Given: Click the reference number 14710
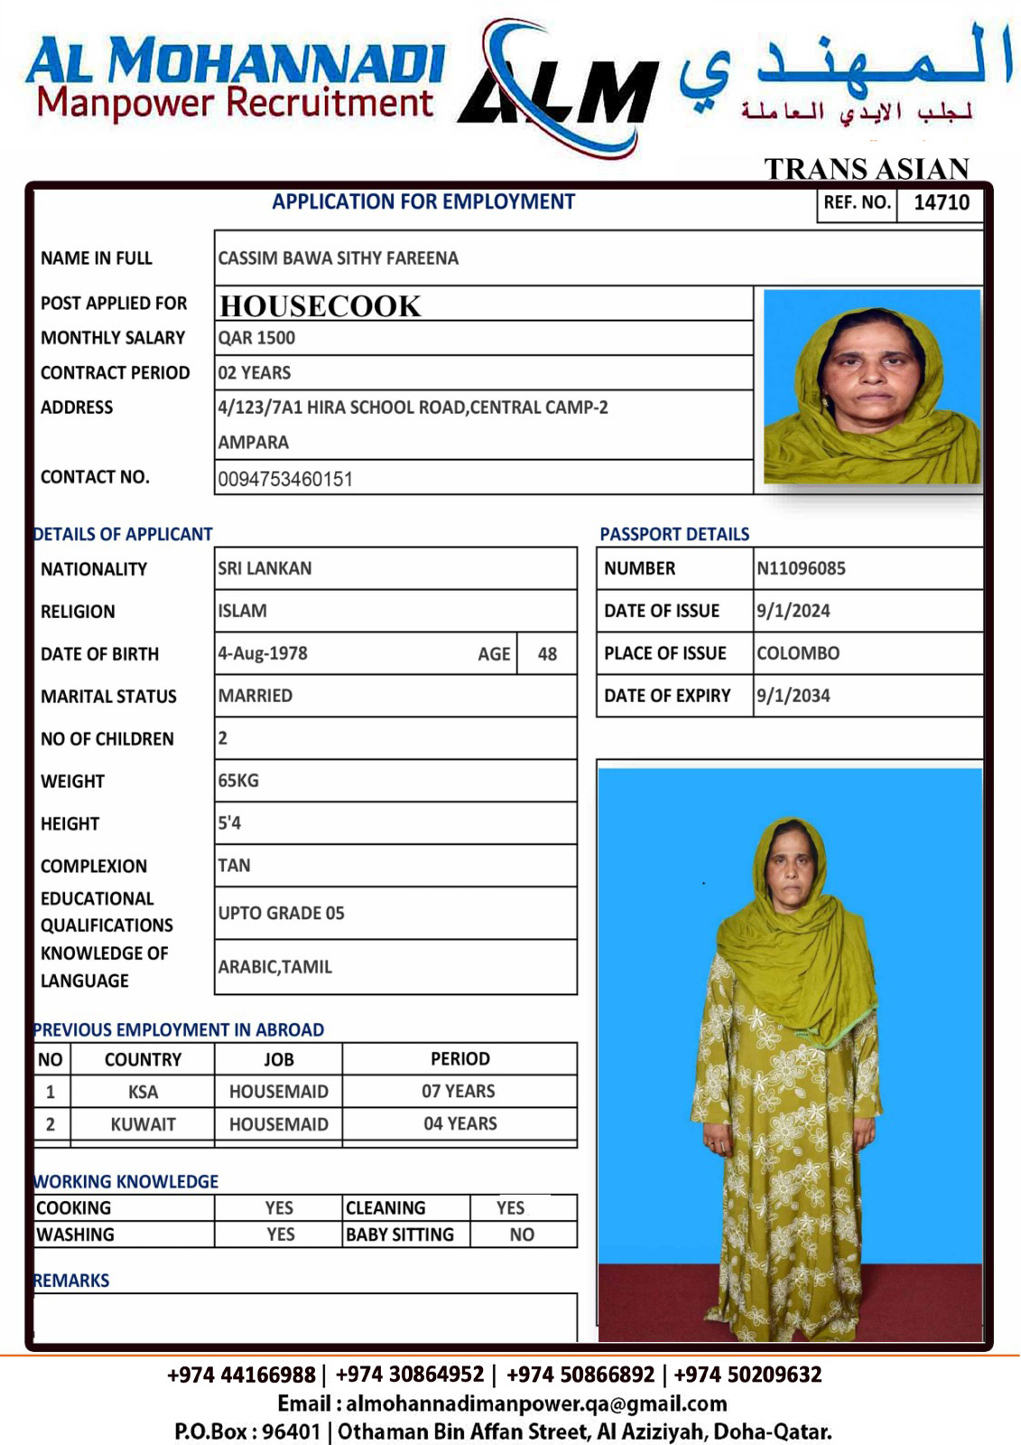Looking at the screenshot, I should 941,202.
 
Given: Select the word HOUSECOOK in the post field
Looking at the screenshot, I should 320,306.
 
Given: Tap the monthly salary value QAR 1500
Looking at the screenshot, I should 256,338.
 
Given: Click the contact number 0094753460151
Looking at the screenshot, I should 285,479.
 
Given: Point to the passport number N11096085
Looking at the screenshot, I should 801,568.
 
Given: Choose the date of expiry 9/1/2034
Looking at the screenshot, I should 793,695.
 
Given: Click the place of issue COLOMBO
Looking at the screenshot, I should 797,653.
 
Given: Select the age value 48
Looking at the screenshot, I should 547,654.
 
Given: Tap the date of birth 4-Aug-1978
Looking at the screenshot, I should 263,653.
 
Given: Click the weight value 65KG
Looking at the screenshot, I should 238,780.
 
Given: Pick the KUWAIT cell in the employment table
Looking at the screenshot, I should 143,1124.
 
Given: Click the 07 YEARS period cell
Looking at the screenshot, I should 459,1091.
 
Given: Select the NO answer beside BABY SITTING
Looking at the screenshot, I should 522,1235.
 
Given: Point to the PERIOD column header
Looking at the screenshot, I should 459,1058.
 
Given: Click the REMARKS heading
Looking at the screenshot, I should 71,1281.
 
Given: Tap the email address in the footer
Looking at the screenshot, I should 536,1403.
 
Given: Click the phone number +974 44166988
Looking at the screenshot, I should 241,1375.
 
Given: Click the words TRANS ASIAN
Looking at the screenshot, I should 866,169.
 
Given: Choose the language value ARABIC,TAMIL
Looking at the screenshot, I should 274,966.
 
